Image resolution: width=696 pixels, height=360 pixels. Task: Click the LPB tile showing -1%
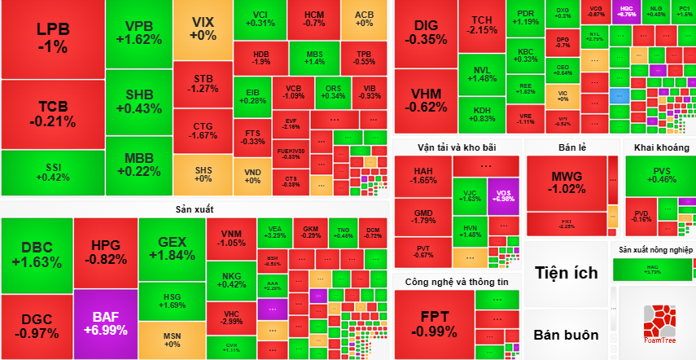pos(52,37)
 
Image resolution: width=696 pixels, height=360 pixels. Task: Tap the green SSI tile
pos(52,173)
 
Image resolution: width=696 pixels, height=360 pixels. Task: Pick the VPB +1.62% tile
pos(133,33)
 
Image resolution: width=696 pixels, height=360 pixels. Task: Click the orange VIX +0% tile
pos(202,29)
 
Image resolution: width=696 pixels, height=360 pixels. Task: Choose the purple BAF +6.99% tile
pos(105,323)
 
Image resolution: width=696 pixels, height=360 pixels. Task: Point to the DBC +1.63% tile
pos(36,255)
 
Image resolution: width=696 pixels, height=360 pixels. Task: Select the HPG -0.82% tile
pos(105,252)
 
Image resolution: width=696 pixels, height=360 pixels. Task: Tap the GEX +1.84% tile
pos(172,249)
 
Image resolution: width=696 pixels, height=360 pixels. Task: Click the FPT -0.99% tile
pos(434,324)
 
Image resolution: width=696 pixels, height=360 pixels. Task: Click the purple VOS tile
pos(504,195)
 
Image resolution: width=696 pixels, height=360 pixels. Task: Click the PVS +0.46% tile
pos(659,174)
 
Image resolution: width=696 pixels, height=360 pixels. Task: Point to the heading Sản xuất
pos(194,209)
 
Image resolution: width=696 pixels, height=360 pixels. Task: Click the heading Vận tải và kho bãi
pos(457,147)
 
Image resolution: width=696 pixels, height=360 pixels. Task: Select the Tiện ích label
pos(567,273)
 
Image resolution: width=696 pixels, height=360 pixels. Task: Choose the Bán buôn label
pos(567,335)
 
